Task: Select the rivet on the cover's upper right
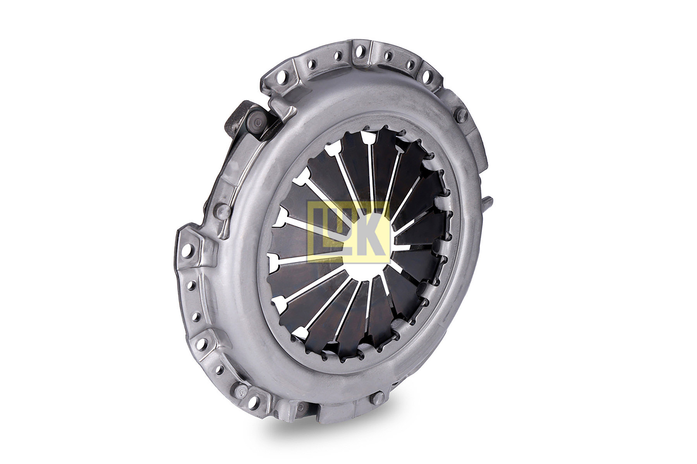(x=462, y=115)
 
